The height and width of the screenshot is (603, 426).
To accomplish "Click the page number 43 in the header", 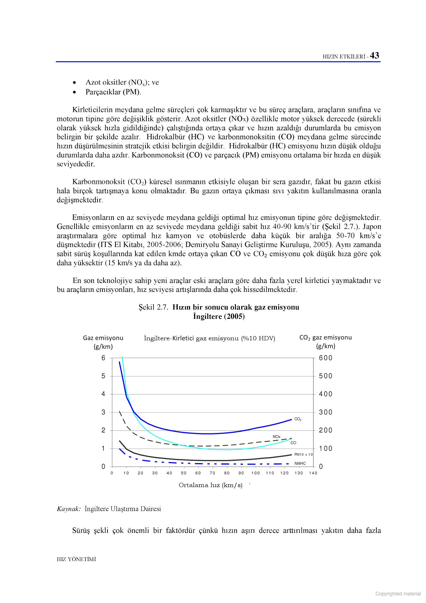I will (374, 56).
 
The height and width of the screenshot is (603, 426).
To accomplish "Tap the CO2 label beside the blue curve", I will (298, 419).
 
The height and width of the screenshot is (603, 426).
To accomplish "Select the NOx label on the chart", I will (277, 436).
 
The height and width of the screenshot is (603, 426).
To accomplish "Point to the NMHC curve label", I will (300, 463).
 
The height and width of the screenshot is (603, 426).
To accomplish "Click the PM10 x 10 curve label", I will (304, 454).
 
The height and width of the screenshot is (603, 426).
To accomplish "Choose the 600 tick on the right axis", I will (325, 358).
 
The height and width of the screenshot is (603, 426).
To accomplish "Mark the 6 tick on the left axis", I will (104, 358).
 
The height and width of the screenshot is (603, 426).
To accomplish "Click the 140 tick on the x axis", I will (313, 473).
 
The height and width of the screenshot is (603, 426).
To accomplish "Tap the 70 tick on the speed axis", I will (212, 473).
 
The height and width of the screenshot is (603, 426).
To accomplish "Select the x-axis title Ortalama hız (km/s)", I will (210, 485).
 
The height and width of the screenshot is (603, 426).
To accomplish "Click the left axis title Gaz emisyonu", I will (103, 338).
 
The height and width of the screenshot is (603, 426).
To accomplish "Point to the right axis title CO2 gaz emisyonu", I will (325, 337).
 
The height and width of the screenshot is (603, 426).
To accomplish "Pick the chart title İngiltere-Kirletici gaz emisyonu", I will (209, 338).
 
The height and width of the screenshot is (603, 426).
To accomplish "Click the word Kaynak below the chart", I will (69, 509).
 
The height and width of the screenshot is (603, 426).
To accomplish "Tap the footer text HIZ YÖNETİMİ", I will (76, 559).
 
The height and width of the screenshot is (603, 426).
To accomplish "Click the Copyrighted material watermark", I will (398, 594).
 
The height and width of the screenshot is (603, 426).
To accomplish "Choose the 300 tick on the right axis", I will (325, 412).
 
